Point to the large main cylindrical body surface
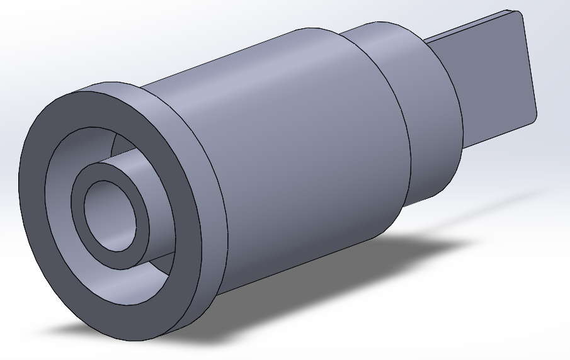point(302,157)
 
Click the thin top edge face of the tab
point(466,28)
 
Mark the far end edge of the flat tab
point(529,63)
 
